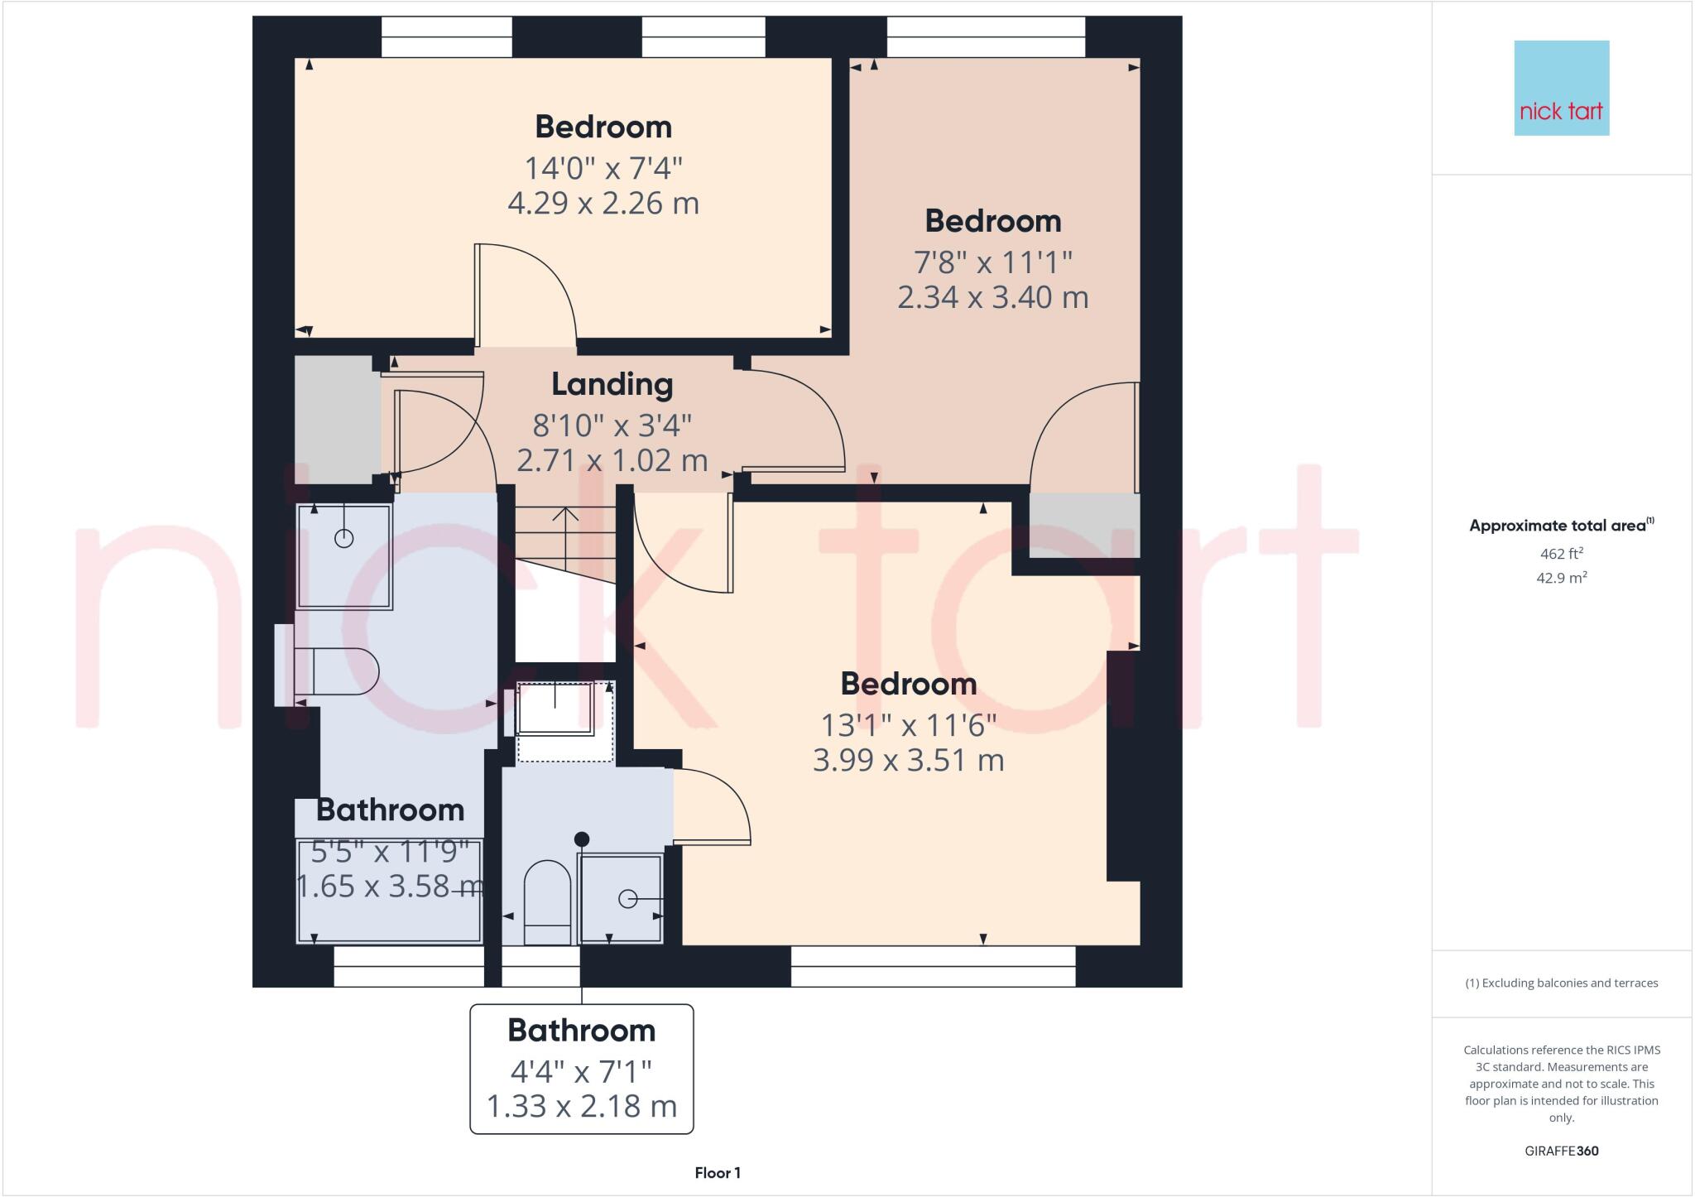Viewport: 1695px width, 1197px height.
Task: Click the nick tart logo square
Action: point(1561,88)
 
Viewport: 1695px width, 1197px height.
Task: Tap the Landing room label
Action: point(612,384)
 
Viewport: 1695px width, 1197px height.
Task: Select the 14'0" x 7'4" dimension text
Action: point(603,169)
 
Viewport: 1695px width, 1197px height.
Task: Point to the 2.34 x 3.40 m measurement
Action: point(992,296)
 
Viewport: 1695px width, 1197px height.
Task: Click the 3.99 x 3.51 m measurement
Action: point(908,760)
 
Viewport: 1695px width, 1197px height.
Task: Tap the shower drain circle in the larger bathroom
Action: point(343,539)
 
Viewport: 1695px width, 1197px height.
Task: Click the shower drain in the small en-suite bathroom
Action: point(627,898)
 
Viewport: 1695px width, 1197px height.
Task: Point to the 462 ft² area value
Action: point(1561,553)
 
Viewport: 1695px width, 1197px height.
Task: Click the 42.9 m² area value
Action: point(1561,578)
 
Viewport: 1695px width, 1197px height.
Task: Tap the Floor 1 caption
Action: point(718,1173)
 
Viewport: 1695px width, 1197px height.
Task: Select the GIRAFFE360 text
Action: point(1561,1151)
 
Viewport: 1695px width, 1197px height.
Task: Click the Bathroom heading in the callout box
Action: point(581,1031)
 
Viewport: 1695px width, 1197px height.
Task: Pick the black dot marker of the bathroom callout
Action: point(582,839)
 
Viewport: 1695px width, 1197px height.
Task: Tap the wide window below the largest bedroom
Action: point(933,966)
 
